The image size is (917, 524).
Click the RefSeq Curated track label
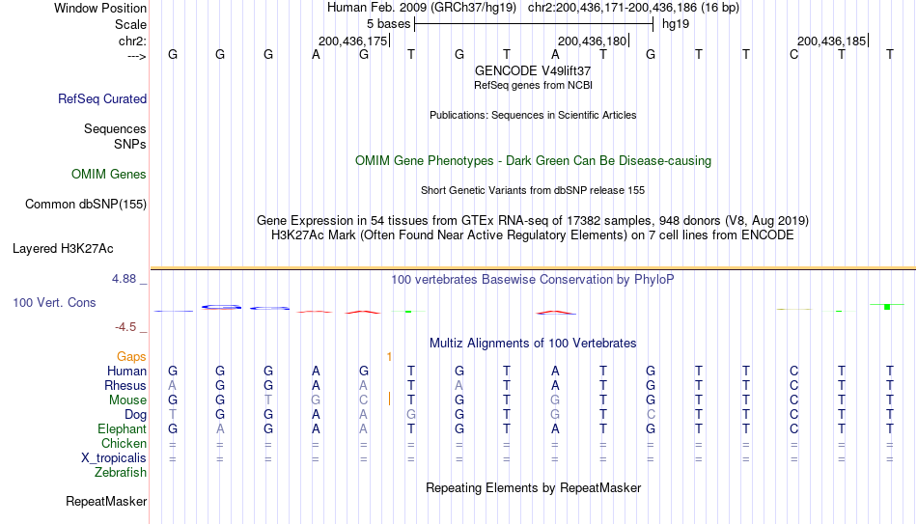pyautogui.click(x=102, y=98)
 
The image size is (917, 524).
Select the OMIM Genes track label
pyautogui.click(x=109, y=175)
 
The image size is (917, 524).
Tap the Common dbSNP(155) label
pyautogui.click(x=86, y=205)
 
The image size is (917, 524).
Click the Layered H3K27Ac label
pyautogui.click(x=63, y=249)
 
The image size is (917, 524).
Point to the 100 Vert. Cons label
pyautogui.click(x=54, y=302)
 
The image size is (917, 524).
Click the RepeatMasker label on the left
pyautogui.click(x=106, y=501)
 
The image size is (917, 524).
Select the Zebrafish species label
pyautogui.click(x=121, y=472)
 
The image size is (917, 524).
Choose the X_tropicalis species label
pyautogui.click(x=114, y=458)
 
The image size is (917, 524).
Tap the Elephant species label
pyautogui.click(x=122, y=428)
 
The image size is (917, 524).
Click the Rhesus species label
pyautogui.click(x=125, y=385)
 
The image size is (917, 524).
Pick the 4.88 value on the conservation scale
pyautogui.click(x=124, y=279)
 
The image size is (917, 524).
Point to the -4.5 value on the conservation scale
pyautogui.click(x=125, y=327)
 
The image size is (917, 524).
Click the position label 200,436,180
pyautogui.click(x=592, y=41)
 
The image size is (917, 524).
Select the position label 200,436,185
pyautogui.click(x=831, y=41)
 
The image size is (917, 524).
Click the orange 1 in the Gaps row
pyautogui.click(x=390, y=357)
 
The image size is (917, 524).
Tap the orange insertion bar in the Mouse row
pyautogui.click(x=390, y=400)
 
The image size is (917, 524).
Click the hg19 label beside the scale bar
pyautogui.click(x=676, y=24)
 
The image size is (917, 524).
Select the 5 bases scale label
pyautogui.click(x=388, y=24)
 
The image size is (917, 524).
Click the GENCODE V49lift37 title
pyautogui.click(x=533, y=70)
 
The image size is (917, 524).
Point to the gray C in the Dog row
pyautogui.click(x=651, y=415)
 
